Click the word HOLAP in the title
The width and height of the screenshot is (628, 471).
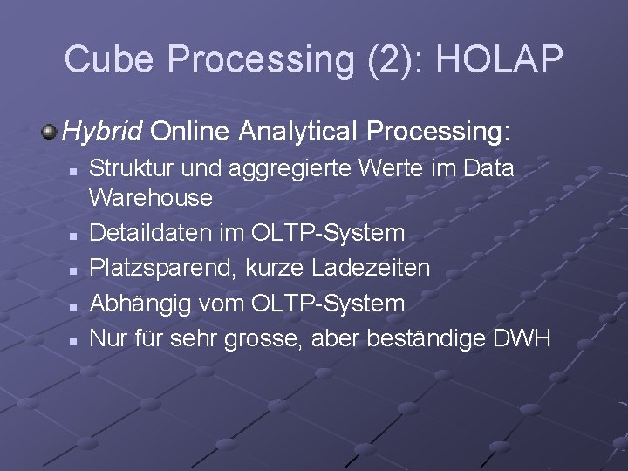(500, 58)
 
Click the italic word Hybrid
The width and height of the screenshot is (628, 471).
(102, 133)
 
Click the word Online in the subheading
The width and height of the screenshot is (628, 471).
(191, 133)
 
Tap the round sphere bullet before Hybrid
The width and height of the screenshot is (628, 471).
(50, 133)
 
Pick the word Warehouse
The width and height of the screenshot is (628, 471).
(151, 197)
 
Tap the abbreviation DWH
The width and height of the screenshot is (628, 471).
(522, 338)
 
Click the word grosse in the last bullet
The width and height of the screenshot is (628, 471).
(260, 338)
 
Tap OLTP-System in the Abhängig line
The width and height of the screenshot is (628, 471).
(327, 304)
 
